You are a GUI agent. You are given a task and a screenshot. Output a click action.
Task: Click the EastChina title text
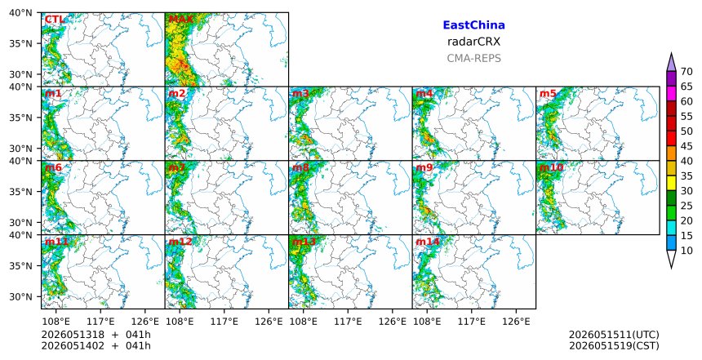(473, 25)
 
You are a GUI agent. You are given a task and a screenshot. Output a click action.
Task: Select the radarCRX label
(473, 42)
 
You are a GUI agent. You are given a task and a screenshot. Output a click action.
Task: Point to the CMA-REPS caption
(473, 58)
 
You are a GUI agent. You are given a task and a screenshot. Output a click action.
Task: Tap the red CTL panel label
(55, 20)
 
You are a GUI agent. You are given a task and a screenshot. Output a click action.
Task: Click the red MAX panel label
(180, 20)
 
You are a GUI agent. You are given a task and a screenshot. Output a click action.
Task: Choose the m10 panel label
(551, 167)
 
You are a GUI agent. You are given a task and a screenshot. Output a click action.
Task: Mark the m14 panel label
(428, 242)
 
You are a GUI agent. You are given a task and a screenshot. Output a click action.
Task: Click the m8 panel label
(300, 167)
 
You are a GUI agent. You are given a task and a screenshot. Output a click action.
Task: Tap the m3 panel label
(300, 94)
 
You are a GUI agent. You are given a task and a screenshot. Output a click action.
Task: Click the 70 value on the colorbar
(686, 72)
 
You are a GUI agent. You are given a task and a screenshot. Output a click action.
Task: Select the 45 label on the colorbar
(686, 146)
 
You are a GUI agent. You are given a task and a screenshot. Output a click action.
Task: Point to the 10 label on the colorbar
(686, 251)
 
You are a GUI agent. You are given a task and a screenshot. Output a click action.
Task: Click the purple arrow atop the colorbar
(671, 63)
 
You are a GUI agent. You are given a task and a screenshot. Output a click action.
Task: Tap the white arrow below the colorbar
(671, 259)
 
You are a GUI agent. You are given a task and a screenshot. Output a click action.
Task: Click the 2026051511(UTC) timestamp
(614, 335)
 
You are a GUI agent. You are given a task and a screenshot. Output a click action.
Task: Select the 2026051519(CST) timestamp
(614, 345)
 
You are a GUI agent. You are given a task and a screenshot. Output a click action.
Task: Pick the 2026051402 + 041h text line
(96, 345)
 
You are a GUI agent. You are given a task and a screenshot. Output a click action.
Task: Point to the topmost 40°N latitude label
(20, 12)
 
